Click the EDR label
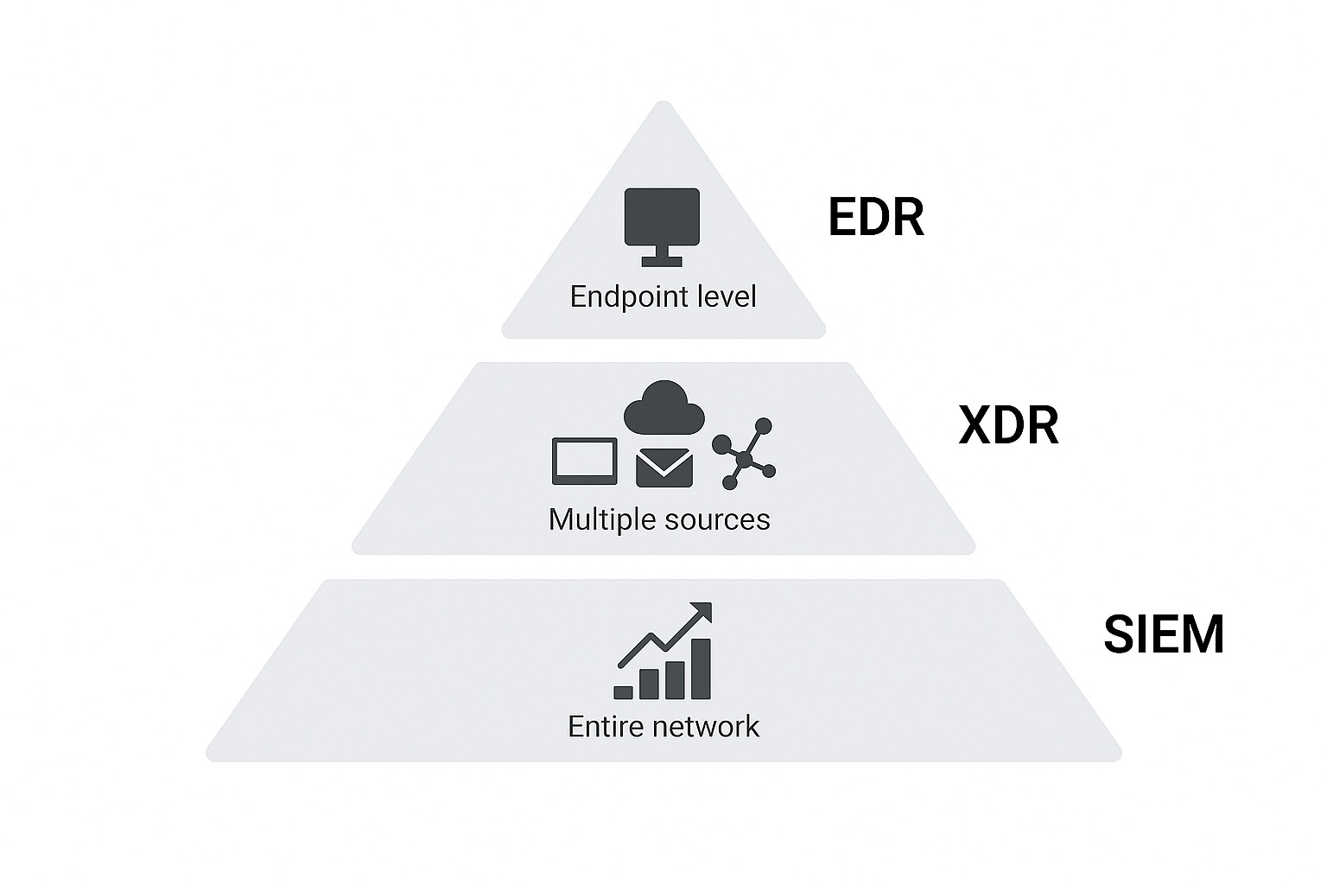tap(876, 217)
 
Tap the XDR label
tap(1008, 425)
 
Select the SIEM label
tap(1164, 634)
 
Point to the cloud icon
tap(663, 408)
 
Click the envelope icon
tap(663, 468)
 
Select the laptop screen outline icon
tap(585, 462)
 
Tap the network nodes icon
tap(744, 455)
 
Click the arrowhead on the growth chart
tap(702, 612)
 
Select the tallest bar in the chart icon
tap(701, 669)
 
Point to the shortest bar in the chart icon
tap(623, 692)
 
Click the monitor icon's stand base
tap(662, 261)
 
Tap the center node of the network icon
tap(744, 459)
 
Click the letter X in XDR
tap(975, 425)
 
